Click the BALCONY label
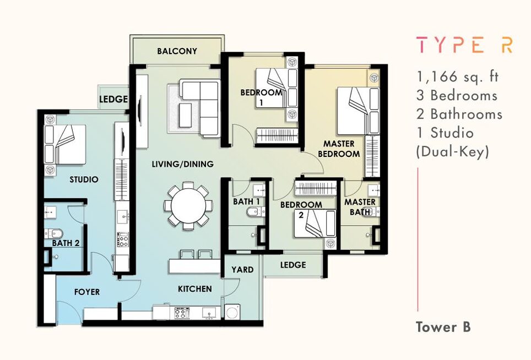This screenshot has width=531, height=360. [x=177, y=51]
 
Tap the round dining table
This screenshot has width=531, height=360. [x=188, y=206]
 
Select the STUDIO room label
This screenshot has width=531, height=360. [x=84, y=179]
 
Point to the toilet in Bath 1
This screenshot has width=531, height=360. [x=253, y=212]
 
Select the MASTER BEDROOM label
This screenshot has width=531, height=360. [x=339, y=149]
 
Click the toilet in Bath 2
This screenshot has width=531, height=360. [x=54, y=233]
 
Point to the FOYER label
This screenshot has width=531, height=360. [x=87, y=292]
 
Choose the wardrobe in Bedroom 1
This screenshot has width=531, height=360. [x=277, y=135]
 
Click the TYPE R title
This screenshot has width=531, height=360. [x=464, y=45]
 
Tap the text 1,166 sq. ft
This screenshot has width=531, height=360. [x=458, y=77]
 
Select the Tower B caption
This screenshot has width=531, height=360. [x=443, y=327]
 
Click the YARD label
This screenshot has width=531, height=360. [x=242, y=270]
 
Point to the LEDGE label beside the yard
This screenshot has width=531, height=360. [x=293, y=265]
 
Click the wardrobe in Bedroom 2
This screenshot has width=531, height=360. [x=316, y=188]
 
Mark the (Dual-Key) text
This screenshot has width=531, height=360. [x=452, y=151]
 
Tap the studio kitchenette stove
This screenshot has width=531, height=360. [x=122, y=239]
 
